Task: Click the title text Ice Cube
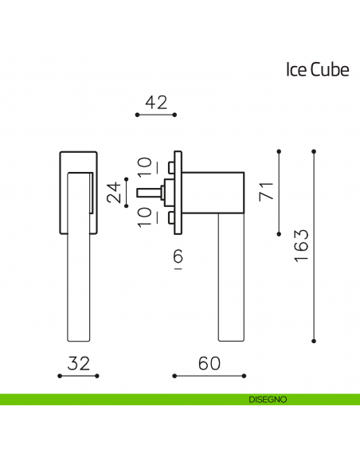tap(317, 70)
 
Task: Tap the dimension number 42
tap(156, 103)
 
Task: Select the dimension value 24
tap(116, 192)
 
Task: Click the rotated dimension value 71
tap(267, 191)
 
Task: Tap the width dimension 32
tap(78, 363)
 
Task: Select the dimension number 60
tap(209, 363)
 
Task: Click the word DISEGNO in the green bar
tap(267, 399)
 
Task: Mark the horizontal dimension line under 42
tap(156, 115)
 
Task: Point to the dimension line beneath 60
tap(209, 375)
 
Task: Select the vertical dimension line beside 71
tap(279, 192)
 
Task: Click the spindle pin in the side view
tap(148, 192)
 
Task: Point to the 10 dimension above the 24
tap(144, 167)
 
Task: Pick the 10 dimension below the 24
tap(144, 217)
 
